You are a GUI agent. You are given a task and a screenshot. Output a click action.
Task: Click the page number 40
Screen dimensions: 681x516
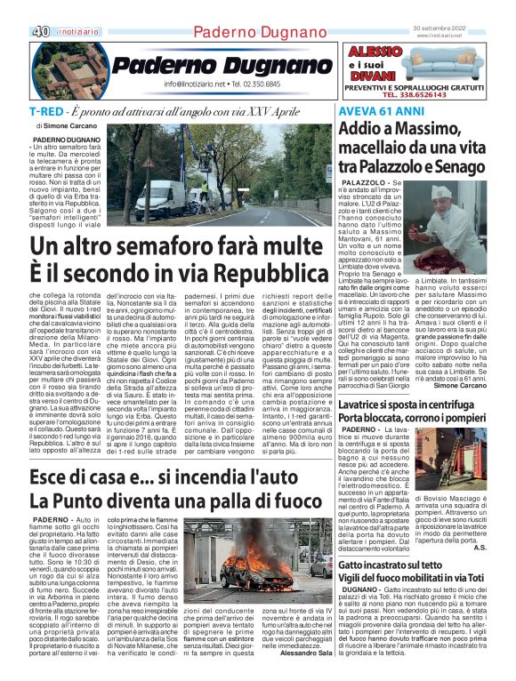pos(39,31)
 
